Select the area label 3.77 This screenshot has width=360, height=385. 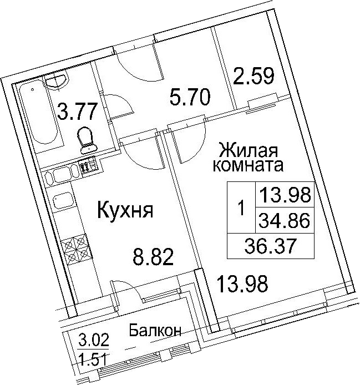coord(76,112)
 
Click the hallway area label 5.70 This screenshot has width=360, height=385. coord(190,97)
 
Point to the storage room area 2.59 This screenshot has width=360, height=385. coord(253,76)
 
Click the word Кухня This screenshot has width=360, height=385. coord(125,210)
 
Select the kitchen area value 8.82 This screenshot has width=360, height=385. coord(153,257)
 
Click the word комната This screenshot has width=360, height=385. coord(248,165)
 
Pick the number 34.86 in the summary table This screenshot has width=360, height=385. coord(285,220)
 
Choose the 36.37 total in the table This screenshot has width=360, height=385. coord(270,246)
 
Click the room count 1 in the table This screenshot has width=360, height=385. coord(242,207)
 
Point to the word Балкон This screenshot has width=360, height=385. coord(155,331)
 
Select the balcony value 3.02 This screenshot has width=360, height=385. coord(94,341)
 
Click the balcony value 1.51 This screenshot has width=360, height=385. coord(93,359)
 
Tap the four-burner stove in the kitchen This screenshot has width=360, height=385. coord(76,248)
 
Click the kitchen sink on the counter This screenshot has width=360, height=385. coord(64,202)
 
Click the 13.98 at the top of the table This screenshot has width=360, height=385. coord(285,195)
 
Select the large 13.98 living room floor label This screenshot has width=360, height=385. coord(242,284)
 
